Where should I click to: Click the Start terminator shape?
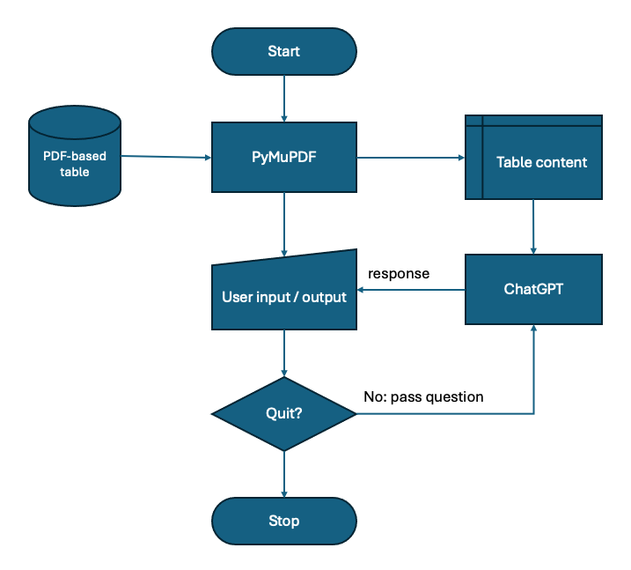(x=283, y=51)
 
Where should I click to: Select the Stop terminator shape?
(x=283, y=521)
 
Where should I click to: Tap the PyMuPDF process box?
(x=283, y=157)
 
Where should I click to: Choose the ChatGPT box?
(x=533, y=289)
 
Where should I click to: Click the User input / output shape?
(x=283, y=297)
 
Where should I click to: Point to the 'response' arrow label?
(x=399, y=273)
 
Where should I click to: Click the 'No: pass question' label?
(x=423, y=396)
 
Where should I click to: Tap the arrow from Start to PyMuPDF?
(x=283, y=98)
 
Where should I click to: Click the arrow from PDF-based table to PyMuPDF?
(x=165, y=158)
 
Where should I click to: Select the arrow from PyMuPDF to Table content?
(x=410, y=158)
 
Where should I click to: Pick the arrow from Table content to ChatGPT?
(x=533, y=226)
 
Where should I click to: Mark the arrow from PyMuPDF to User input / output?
(x=283, y=224)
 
